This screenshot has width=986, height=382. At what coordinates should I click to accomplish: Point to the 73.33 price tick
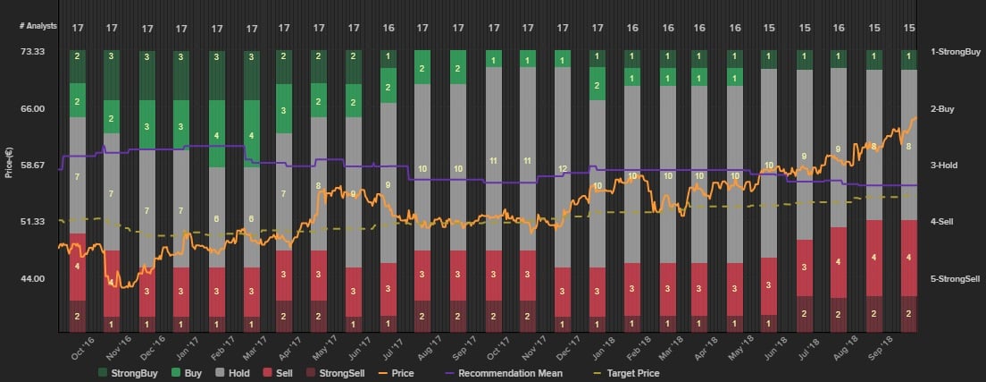coord(32,52)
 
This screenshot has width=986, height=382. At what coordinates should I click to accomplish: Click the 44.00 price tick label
coord(32,278)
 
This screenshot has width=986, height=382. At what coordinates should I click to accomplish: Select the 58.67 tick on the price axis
coord(32,166)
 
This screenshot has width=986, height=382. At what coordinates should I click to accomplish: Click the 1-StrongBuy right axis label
coord(956,52)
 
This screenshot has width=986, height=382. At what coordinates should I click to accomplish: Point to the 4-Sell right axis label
coord(945,222)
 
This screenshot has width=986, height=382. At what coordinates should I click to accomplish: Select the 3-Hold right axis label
coord(946,166)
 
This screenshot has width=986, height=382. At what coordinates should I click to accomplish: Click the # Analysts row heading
coord(38,26)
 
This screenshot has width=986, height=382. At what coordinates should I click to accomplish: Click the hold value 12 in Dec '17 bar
coord(563,168)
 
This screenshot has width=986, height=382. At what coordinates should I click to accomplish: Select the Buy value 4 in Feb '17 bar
coord(217,135)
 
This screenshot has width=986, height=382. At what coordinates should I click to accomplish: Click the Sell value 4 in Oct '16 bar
coord(77,267)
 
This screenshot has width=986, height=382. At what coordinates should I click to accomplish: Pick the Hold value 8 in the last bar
coord(909,146)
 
